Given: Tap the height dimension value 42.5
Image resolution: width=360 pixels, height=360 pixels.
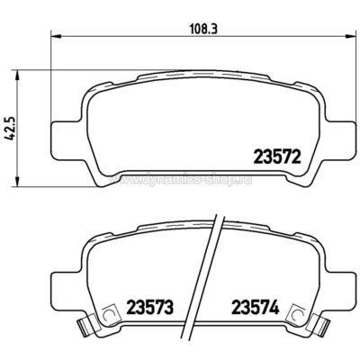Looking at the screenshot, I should tap(12, 118).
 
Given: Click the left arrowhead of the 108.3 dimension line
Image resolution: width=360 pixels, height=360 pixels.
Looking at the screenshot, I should tap(51, 35).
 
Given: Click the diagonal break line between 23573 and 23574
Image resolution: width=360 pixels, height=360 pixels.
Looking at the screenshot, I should tap(212, 279).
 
